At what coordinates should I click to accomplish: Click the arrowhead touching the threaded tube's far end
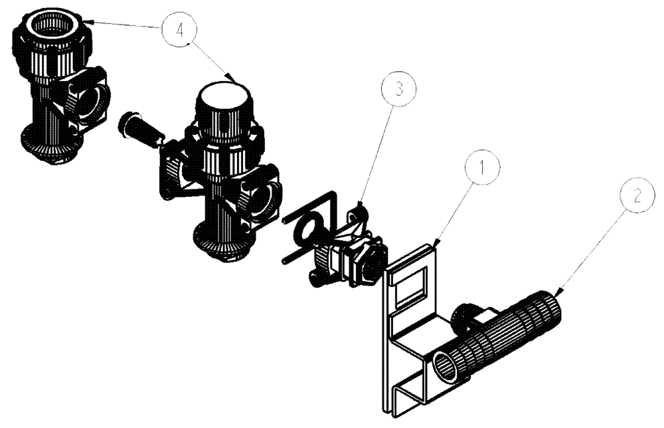point(562,288)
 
